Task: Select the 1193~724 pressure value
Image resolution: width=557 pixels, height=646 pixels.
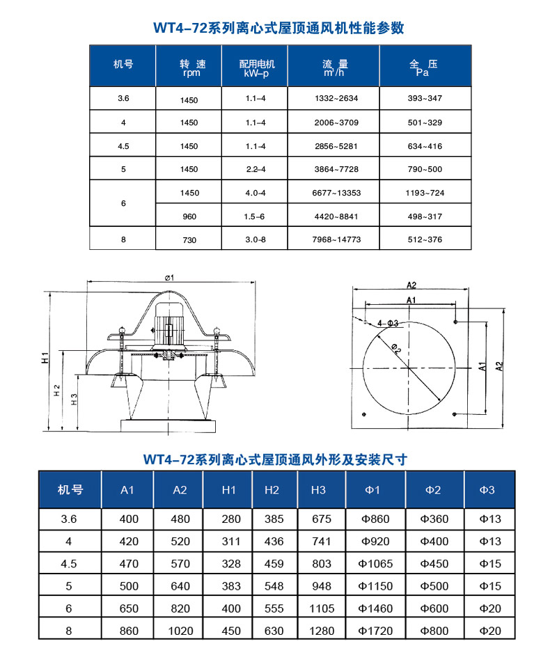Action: (425, 193)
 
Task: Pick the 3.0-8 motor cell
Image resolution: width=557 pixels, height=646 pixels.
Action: (256, 240)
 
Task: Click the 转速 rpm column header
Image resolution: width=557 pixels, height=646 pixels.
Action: (189, 67)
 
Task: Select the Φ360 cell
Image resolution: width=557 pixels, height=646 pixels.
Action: (434, 519)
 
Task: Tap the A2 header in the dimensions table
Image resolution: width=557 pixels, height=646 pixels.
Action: (180, 490)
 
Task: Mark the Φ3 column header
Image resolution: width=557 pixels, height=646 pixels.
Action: (487, 490)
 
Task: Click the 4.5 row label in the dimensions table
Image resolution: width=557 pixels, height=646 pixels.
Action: (69, 564)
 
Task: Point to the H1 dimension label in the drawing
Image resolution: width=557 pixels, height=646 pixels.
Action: (44, 359)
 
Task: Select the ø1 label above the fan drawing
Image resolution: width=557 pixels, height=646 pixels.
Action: (169, 278)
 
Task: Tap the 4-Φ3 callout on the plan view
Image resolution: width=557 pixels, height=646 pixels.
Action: (388, 323)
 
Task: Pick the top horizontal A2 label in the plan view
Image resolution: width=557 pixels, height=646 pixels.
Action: (410, 285)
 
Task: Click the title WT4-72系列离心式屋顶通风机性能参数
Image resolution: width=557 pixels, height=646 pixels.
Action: (278, 28)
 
